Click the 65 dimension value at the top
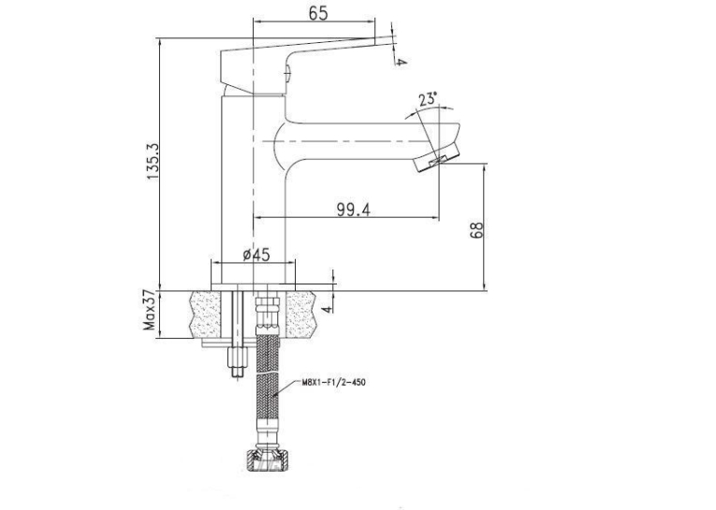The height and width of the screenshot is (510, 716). coord(318,13)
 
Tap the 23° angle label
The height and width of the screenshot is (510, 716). coord(428,99)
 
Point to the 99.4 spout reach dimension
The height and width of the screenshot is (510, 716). coord(354,209)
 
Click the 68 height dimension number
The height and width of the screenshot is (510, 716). coord(476,230)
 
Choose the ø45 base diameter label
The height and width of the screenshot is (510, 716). coord(256,255)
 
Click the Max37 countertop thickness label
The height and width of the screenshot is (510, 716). coord(150,312)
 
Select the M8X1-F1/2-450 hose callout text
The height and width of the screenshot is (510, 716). coord(333,382)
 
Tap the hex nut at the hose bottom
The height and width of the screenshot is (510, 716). coord(268,459)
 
